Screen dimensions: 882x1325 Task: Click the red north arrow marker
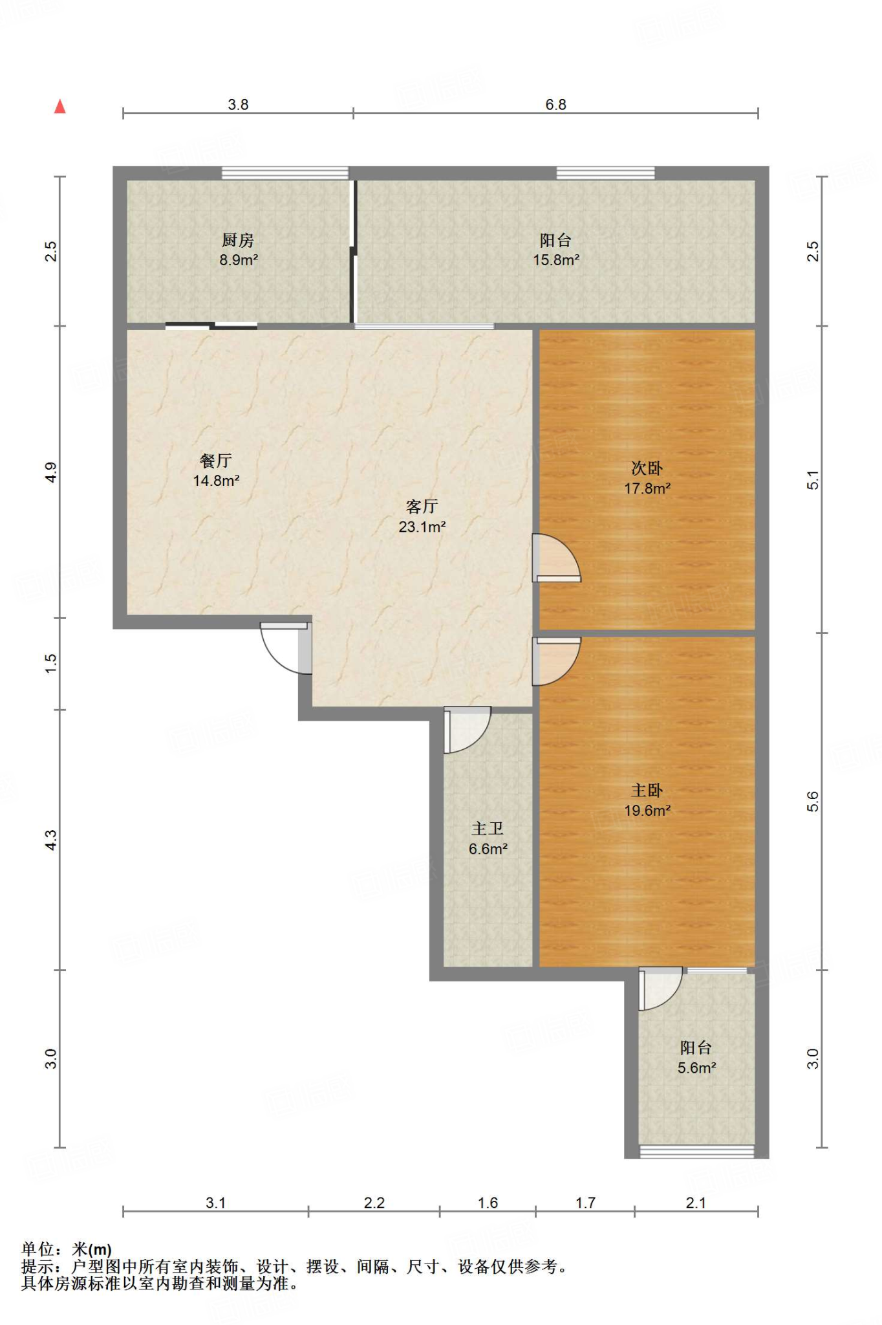60,106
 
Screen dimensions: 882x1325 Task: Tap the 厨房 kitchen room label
238,241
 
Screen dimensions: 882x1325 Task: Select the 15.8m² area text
556,260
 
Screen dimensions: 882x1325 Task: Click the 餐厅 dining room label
216,461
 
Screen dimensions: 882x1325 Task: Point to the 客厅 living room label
422,507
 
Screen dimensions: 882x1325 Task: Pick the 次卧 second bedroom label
647,468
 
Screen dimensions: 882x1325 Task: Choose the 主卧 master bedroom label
647,791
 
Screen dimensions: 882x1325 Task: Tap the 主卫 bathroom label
488,829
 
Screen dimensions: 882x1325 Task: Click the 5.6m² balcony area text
696,1068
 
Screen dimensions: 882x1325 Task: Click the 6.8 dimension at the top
555,105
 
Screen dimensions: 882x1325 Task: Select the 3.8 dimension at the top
238,105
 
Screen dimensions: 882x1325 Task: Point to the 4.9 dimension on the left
50,472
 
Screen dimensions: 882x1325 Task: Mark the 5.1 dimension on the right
813,480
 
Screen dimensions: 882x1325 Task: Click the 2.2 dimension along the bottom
374,1203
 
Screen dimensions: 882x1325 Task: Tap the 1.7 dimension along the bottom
585,1203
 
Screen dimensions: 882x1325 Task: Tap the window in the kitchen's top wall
285,173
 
